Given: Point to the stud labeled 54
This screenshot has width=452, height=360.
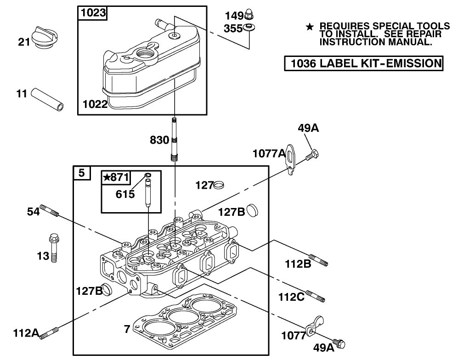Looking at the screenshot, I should (x=50, y=211).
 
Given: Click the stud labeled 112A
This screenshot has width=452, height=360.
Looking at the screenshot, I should (x=50, y=333).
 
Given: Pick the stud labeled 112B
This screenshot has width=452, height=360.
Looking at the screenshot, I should (x=318, y=259).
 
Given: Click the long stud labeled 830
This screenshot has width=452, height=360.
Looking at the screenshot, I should (x=175, y=138).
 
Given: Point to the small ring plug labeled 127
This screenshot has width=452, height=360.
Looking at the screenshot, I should (x=220, y=185).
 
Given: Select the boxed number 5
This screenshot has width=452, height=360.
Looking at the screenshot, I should (x=81, y=173).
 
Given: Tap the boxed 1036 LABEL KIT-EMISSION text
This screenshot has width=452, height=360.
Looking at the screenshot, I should (x=363, y=63).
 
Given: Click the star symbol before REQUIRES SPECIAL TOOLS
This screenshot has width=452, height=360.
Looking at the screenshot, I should (x=310, y=27).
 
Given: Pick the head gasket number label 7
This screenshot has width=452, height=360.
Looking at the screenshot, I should (x=127, y=328).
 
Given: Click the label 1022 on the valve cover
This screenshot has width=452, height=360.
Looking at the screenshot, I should (x=95, y=104).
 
